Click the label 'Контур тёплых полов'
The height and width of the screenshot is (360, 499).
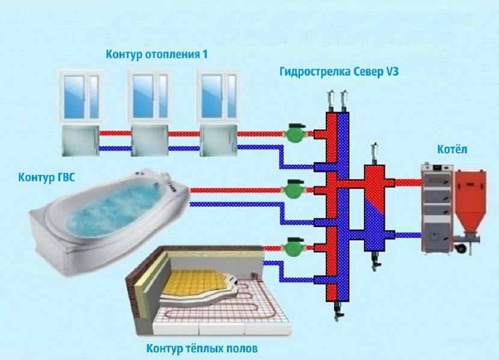[x=201, y=349]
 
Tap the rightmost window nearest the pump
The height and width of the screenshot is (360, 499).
[x=215, y=96]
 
